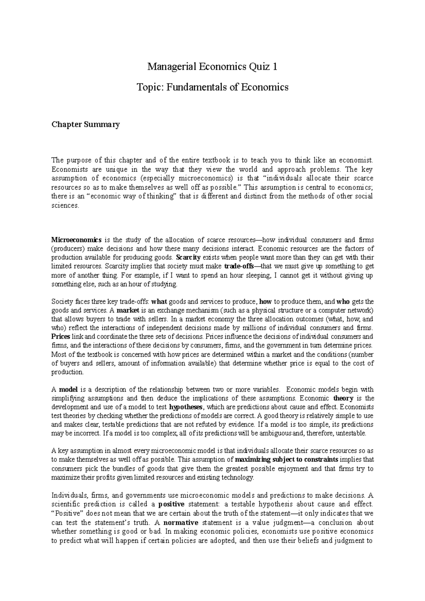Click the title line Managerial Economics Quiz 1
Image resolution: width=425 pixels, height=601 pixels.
212,67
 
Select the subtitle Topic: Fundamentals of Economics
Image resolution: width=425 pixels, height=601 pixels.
212,87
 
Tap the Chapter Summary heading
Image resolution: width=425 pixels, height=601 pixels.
85,124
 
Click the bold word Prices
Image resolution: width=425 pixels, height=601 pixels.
61,337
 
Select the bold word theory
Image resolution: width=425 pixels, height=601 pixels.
344,398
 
